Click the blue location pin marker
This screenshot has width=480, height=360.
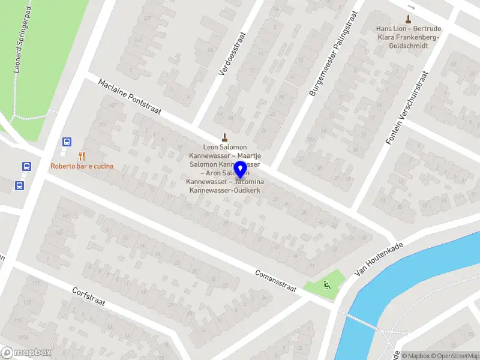point(240,170)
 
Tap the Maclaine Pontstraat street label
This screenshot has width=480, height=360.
point(130,98)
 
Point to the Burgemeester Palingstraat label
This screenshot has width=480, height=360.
point(333,53)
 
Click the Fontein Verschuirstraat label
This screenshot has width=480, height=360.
point(408,109)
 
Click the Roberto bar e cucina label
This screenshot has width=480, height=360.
point(82,166)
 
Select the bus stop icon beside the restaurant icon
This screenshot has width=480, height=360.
point(67,142)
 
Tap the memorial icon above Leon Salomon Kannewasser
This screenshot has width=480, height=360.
point(225,136)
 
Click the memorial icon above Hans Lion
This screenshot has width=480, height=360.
point(408,18)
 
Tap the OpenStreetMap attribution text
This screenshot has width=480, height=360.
point(454,356)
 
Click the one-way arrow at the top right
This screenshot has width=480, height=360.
point(411,7)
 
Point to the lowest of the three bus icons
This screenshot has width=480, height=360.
point(20,185)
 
